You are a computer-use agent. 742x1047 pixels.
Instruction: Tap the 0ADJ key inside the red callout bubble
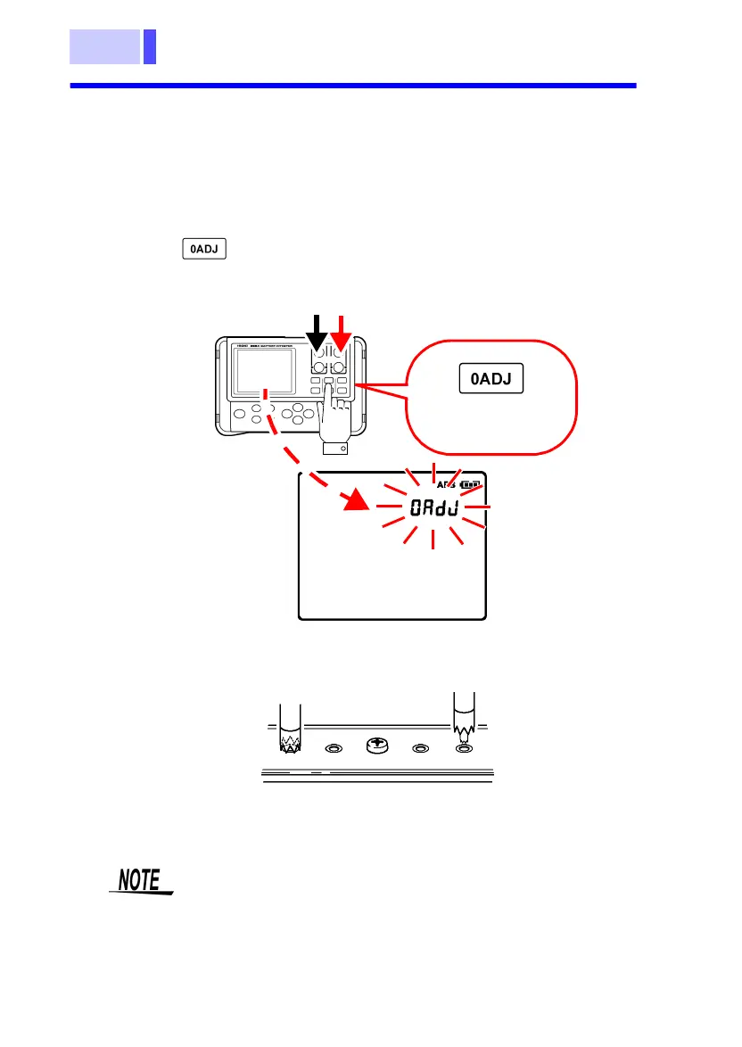point(491,380)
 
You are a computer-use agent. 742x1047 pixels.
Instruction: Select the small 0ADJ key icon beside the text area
point(204,249)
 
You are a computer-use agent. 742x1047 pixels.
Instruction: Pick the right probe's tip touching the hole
point(464,738)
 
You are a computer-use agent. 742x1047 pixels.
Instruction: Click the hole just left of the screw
point(334,750)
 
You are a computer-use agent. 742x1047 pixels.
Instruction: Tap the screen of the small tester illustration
point(264,374)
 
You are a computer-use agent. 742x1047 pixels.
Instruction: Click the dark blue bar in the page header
point(150,46)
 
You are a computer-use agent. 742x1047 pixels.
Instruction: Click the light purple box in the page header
point(105,46)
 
